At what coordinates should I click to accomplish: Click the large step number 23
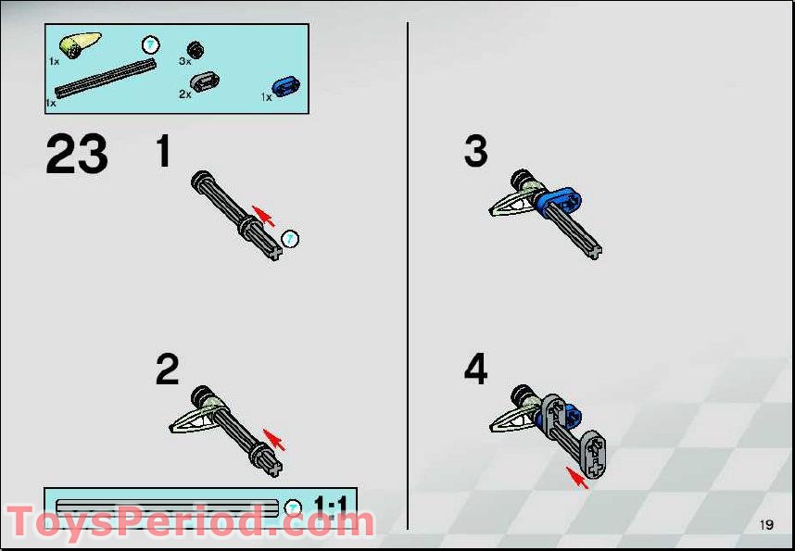coord(77,155)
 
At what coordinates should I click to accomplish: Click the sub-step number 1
coord(164,152)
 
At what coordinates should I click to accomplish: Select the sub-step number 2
coord(167,370)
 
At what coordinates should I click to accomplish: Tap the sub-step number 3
coord(475,152)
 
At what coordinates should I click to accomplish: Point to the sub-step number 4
coord(475,370)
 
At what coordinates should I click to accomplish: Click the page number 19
coord(765,525)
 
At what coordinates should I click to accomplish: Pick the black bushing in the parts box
coord(196,50)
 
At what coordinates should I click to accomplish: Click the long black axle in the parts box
coord(104,77)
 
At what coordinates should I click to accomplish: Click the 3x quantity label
coord(184,61)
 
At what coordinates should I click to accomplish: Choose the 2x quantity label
coord(184,94)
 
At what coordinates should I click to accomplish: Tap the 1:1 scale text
coord(331,506)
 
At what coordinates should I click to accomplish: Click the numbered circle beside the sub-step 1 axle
coord(291,240)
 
